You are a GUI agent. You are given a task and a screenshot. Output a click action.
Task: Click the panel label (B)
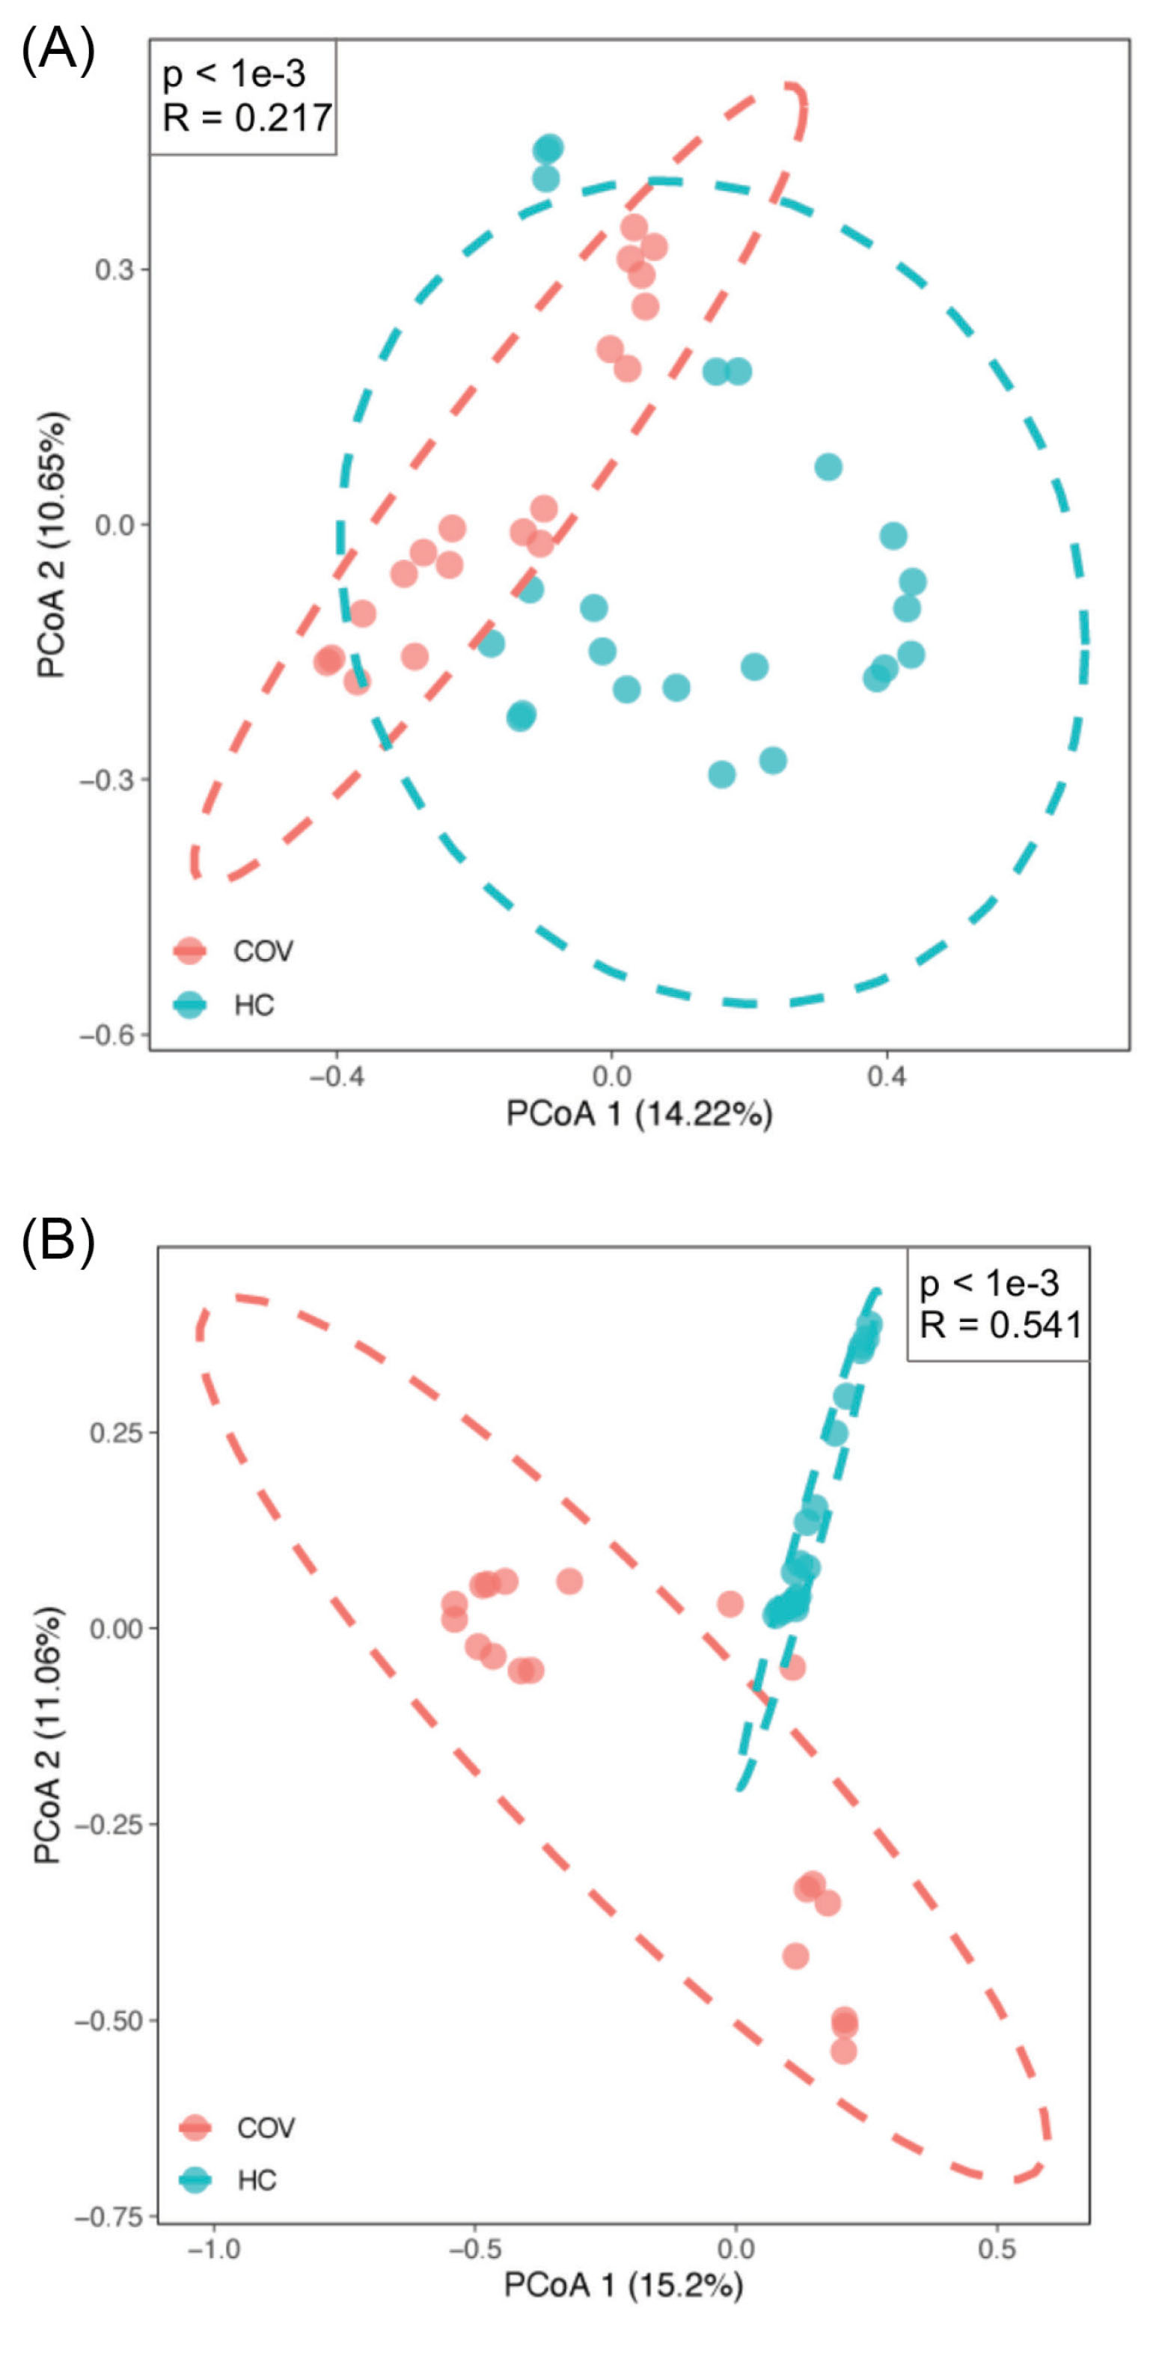point(58,1245)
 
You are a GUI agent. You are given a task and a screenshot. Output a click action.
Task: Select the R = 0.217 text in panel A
point(247,117)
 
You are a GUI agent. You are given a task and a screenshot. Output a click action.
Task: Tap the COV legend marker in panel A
point(190,951)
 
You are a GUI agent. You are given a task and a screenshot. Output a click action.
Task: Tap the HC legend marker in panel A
point(190,1005)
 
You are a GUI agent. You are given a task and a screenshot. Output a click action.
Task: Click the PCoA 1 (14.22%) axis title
point(640,1113)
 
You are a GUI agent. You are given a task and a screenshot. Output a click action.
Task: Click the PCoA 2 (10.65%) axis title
point(52,545)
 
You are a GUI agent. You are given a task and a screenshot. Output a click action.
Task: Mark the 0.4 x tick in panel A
point(886,1077)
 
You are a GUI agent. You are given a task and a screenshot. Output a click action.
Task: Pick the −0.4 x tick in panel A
point(336,1077)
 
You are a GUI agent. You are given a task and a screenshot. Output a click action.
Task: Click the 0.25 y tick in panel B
point(116,1431)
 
